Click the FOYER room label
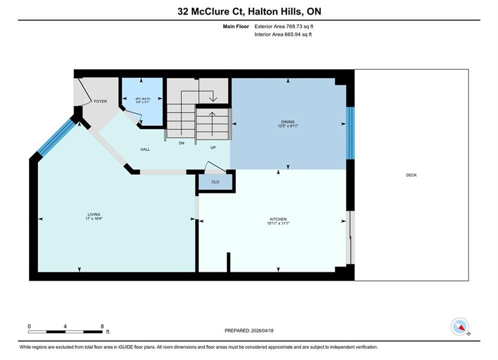[x=101, y=101]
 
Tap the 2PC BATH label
[x=143, y=99]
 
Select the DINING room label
[x=288, y=122]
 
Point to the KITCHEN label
[x=278, y=219]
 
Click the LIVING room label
[x=94, y=214]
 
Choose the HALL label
[x=145, y=149]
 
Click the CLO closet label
[x=215, y=181]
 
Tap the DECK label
[x=411, y=175]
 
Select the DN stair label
[x=181, y=143]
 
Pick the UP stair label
[x=213, y=147]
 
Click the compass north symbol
[x=460, y=326]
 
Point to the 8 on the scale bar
[x=102, y=326]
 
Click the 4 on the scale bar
[x=65, y=326]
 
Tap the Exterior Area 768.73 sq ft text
[x=284, y=26]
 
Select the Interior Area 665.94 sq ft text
[x=283, y=34]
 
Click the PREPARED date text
[x=249, y=330]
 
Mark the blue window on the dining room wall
[x=350, y=133]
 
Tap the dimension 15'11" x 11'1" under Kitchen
[x=278, y=223]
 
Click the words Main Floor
[x=236, y=26]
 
